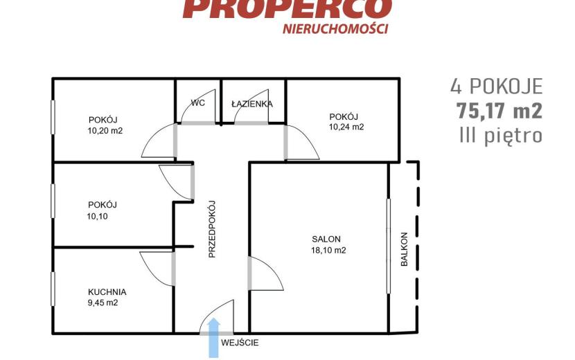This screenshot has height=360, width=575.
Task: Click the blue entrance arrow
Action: click(214, 338)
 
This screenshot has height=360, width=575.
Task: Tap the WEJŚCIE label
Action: click(240, 343)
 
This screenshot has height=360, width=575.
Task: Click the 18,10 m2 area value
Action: click(328, 251)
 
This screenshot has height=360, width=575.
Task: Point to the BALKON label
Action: click(404, 249)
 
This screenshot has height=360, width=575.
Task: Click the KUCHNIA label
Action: click(107, 292)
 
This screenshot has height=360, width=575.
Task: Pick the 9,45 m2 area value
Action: click(103, 303)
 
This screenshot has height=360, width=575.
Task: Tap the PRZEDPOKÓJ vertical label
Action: click(212, 229)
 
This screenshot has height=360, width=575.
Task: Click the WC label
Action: click(197, 102)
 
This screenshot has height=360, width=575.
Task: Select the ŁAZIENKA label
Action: click(252, 104)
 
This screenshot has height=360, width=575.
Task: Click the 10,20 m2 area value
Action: click(105, 131)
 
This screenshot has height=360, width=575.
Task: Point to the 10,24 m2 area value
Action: click(346, 127)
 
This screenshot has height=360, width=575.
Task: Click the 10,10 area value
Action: click(98, 216)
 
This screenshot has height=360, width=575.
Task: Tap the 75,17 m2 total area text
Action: click(499, 111)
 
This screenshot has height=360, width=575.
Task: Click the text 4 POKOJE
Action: click(497, 87)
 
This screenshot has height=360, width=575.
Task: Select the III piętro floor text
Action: click(501, 136)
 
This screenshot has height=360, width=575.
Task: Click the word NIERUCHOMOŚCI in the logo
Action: click(335, 28)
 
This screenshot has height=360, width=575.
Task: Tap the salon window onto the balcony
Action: click(389, 246)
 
